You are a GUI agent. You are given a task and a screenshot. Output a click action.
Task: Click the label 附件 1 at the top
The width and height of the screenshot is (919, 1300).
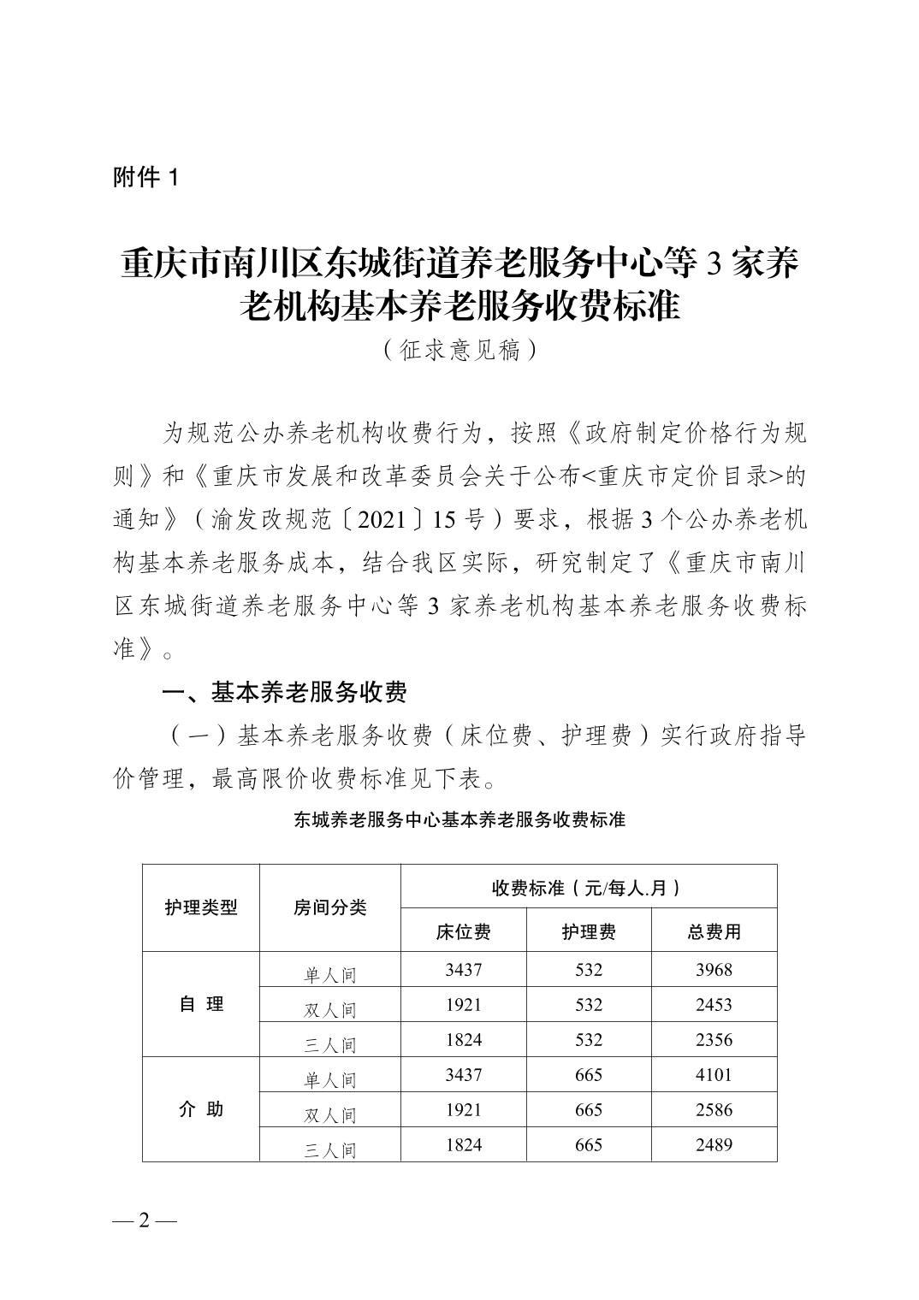146,178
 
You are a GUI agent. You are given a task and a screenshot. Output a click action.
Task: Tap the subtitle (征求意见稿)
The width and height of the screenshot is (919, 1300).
459,350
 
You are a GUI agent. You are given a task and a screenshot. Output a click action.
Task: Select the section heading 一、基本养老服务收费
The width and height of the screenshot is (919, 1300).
284,693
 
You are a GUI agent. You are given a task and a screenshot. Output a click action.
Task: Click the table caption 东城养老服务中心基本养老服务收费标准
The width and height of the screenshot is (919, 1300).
459,819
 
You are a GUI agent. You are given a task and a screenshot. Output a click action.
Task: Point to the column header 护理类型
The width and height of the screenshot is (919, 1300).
201,907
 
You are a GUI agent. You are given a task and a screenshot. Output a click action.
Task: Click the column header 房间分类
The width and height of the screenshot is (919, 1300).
329,907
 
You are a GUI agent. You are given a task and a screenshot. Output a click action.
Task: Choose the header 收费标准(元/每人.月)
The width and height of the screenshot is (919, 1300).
588,887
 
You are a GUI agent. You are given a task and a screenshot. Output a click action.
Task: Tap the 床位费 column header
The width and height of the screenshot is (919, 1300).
463,931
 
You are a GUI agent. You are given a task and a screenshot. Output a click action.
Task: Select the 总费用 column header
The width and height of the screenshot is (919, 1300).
714,931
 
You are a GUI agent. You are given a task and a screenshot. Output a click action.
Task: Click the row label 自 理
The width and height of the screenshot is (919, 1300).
201,1004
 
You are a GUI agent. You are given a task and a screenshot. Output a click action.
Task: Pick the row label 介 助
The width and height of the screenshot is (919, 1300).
201,1109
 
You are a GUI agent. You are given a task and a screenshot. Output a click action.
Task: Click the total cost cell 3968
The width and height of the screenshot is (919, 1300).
714,970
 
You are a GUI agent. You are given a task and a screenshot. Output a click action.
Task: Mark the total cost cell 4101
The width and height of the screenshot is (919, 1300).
714,1075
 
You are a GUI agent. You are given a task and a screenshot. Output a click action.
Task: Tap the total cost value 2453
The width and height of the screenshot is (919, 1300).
714,1005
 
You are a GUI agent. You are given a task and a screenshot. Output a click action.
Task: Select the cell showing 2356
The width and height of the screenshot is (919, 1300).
714,1040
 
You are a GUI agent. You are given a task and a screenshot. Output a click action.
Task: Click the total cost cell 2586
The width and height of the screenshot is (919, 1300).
714,1110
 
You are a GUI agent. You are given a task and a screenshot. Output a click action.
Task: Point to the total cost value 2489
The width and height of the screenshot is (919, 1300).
714,1145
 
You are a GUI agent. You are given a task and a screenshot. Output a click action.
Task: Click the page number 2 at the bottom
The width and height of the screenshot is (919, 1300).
144,1220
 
